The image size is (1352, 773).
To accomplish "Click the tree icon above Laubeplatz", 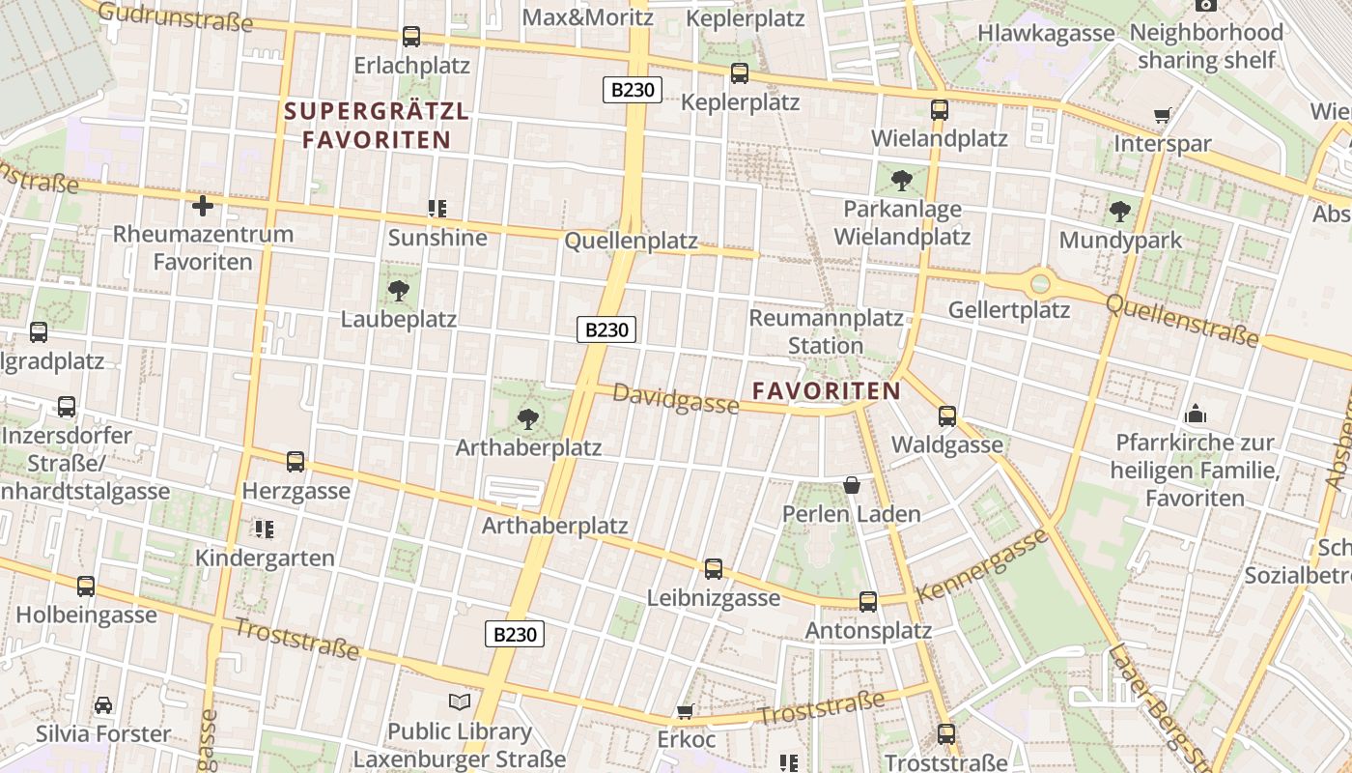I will (x=398, y=290).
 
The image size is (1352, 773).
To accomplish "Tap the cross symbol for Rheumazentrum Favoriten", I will (x=203, y=206).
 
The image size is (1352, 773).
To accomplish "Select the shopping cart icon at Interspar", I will (x=1162, y=116).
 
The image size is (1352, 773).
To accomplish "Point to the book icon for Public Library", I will (x=461, y=702).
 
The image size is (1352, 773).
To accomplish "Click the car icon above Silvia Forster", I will (x=103, y=705).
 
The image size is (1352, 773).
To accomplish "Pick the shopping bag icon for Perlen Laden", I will (x=851, y=485).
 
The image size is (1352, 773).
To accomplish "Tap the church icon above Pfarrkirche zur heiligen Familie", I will (x=1196, y=414).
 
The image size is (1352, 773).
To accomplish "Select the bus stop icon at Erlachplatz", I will (x=411, y=37).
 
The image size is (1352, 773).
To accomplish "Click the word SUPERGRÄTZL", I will (x=377, y=112).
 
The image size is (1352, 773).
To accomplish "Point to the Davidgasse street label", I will (x=676, y=398).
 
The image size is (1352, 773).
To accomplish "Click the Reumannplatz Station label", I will (x=826, y=331).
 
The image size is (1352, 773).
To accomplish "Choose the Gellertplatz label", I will (x=1009, y=310).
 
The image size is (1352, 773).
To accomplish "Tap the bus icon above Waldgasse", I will (x=947, y=416).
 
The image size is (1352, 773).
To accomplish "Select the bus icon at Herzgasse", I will (x=296, y=462).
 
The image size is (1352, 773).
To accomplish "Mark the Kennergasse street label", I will (x=981, y=566).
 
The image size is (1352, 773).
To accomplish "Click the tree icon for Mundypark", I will (x=1120, y=211).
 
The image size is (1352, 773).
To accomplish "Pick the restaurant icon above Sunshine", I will (x=437, y=208).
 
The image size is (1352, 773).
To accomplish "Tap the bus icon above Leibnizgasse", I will (x=714, y=569).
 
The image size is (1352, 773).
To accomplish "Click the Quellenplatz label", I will (x=631, y=241).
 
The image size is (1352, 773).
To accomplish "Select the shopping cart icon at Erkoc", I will (x=686, y=712).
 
